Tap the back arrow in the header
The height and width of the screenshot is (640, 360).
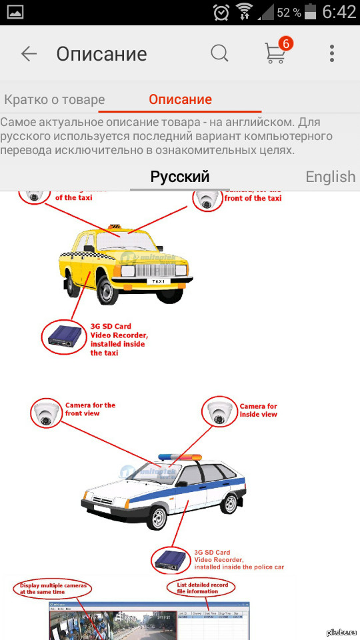(29, 54)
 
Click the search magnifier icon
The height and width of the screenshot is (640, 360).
(219, 53)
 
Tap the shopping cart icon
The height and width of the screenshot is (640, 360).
(275, 54)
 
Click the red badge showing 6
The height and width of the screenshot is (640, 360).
(286, 44)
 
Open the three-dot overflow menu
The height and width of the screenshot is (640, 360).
(331, 54)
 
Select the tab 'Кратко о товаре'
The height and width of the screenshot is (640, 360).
(54, 100)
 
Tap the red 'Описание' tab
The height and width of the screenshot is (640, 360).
(180, 100)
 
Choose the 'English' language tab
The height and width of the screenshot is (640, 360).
(330, 177)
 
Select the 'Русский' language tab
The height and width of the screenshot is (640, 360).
(180, 177)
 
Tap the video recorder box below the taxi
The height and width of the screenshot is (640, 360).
(64, 337)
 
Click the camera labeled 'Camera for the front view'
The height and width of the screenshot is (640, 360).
(45, 413)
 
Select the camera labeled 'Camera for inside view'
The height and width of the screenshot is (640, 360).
(220, 412)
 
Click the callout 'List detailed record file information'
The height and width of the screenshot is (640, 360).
(201, 587)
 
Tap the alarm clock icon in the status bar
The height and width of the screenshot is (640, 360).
(221, 12)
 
